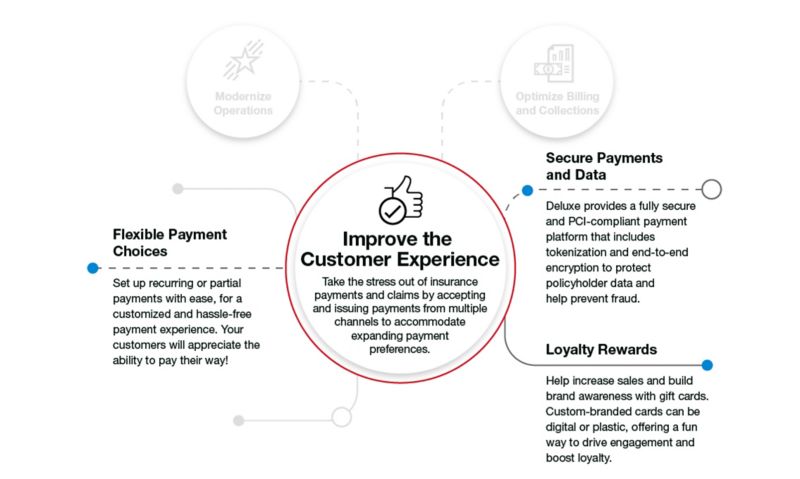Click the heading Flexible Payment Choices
pyautogui.click(x=170, y=243)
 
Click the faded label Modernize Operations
pyautogui.click(x=242, y=103)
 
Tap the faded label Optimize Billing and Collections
pyautogui.click(x=558, y=103)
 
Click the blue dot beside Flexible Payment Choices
pyautogui.click(x=92, y=268)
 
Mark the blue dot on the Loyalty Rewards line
pyautogui.click(x=707, y=366)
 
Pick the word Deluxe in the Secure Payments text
pyautogui.click(x=567, y=204)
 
